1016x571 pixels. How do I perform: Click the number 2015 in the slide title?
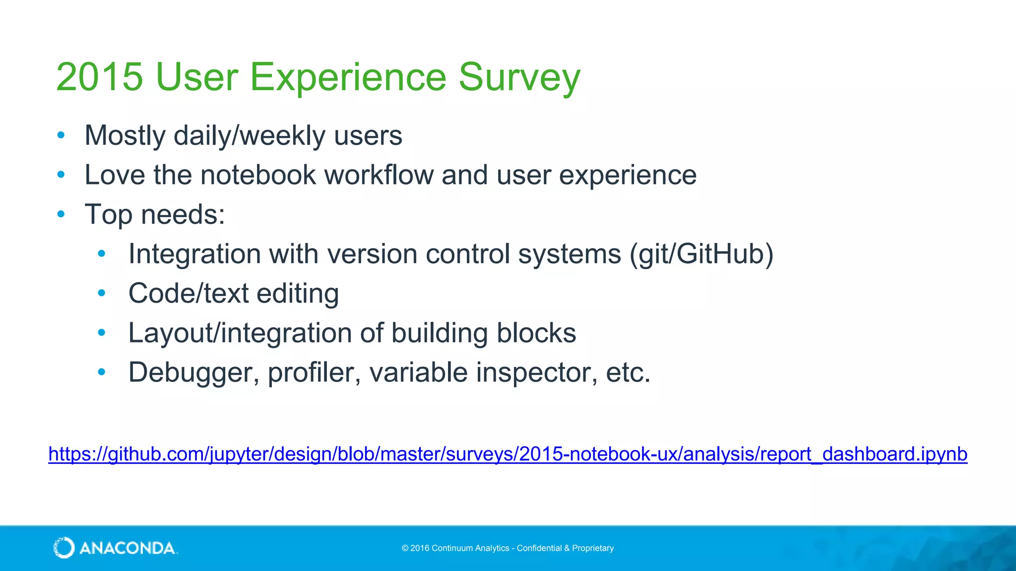100,77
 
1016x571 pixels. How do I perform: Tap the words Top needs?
155,215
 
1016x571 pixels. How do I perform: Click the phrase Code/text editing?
234,293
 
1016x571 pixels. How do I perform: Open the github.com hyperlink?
508,454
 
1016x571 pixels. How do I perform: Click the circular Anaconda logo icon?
64,548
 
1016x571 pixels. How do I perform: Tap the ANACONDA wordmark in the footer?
127,548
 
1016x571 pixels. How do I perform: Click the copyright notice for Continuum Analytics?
508,548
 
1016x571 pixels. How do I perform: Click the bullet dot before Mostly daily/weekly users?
61,135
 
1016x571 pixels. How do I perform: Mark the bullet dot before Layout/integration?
102,333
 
